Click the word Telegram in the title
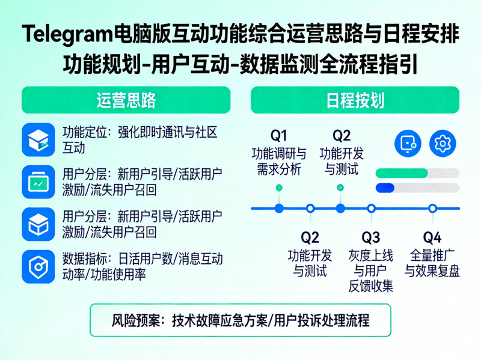[66, 35]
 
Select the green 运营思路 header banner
[126, 100]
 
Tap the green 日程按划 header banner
[355, 100]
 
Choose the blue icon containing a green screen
[38, 182]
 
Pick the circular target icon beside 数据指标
[38, 266]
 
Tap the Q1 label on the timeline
[278, 135]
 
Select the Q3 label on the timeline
[371, 236]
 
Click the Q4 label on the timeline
[432, 236]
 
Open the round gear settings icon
[443, 143]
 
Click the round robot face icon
[408, 143]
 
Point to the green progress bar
[402, 173]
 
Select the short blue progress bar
[385, 188]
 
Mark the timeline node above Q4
[432, 209]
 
